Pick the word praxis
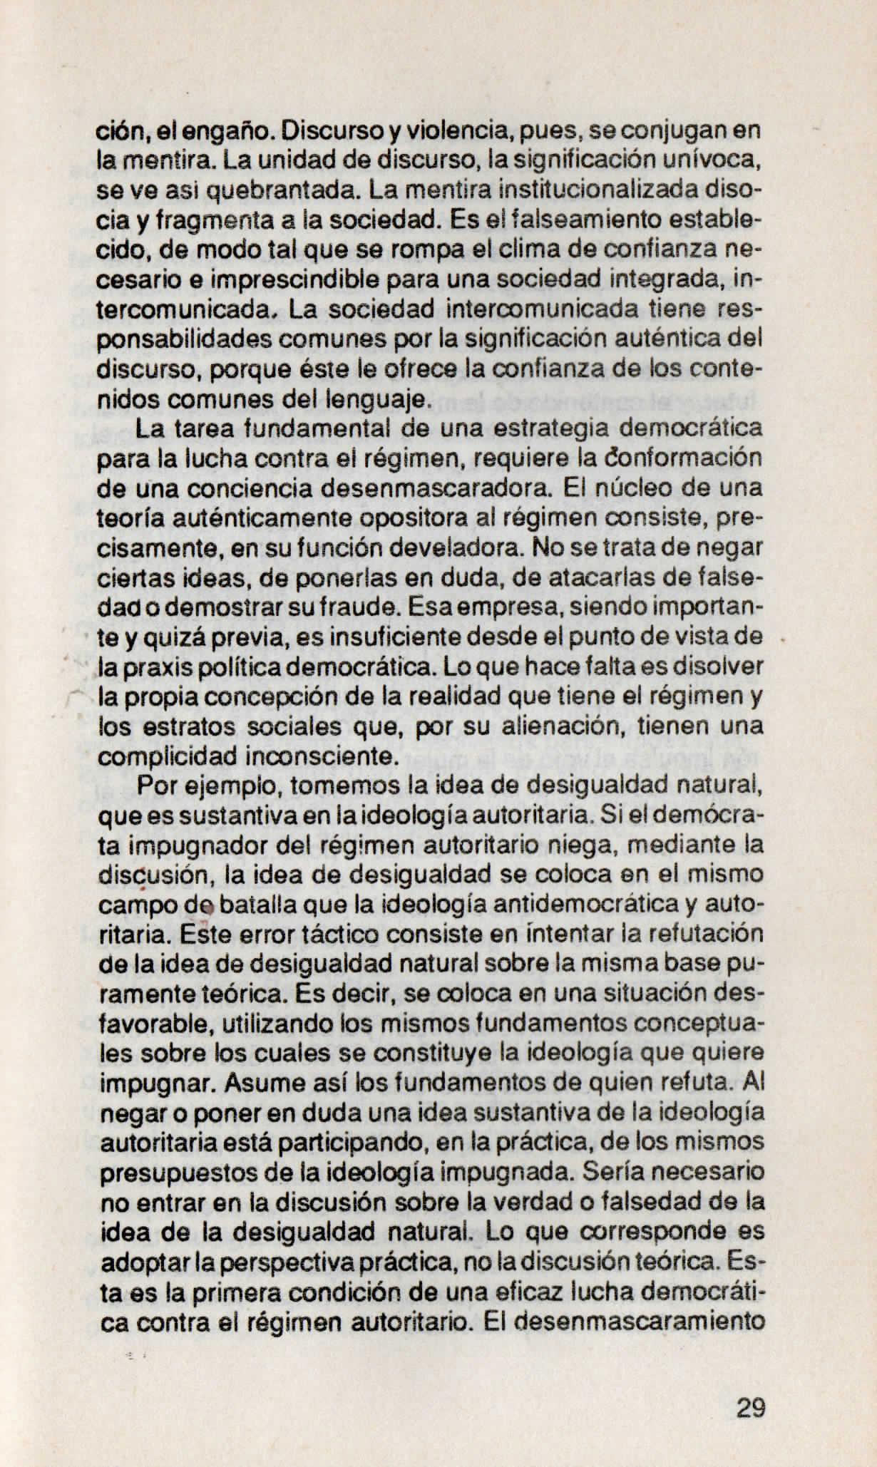click(155, 666)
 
